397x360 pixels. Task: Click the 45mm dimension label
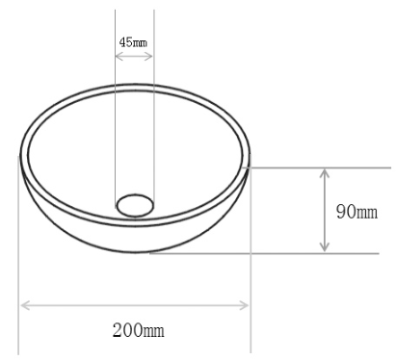coord(133,42)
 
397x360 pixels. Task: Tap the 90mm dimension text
coord(357,212)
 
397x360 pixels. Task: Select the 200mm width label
coord(139,330)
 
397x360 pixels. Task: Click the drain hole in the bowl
coord(135,205)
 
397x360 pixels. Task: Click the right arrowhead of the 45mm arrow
coord(148,57)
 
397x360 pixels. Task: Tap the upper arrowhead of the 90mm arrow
coord(325,174)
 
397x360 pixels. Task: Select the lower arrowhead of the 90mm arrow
coord(325,246)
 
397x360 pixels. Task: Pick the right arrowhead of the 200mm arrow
coord(244,305)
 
